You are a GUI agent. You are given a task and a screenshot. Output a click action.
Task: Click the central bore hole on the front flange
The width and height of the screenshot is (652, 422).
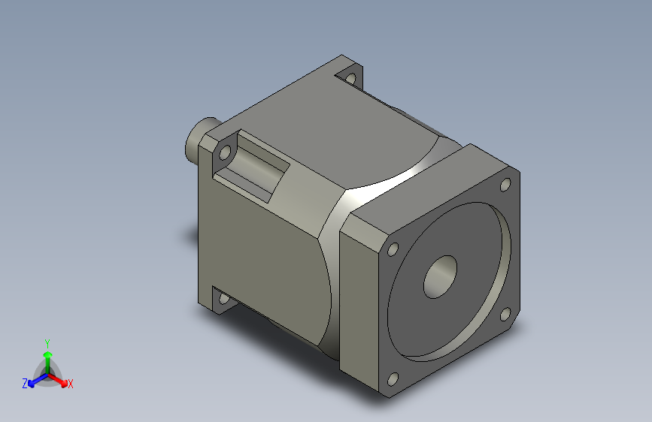[x=440, y=276]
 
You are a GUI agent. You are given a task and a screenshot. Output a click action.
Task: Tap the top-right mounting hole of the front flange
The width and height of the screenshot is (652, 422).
[x=505, y=185]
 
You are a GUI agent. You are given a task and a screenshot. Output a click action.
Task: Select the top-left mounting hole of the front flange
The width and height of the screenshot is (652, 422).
[x=393, y=249]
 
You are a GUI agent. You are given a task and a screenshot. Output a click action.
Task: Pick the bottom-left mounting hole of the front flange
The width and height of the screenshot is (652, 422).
[x=393, y=378]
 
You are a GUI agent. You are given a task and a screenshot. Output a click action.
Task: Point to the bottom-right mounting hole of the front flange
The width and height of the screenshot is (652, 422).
[x=505, y=314]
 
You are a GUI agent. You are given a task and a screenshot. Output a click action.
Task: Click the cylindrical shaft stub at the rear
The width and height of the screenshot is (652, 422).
[x=199, y=137]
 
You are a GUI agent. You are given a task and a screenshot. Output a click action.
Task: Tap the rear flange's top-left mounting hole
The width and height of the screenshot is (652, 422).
[x=225, y=152]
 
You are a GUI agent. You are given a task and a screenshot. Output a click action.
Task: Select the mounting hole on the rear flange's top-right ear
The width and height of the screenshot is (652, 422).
[x=351, y=77]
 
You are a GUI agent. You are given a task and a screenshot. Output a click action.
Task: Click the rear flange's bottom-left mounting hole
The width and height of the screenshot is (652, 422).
[x=224, y=298]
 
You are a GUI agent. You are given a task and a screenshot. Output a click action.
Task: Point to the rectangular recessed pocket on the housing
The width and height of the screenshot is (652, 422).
[x=252, y=166]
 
